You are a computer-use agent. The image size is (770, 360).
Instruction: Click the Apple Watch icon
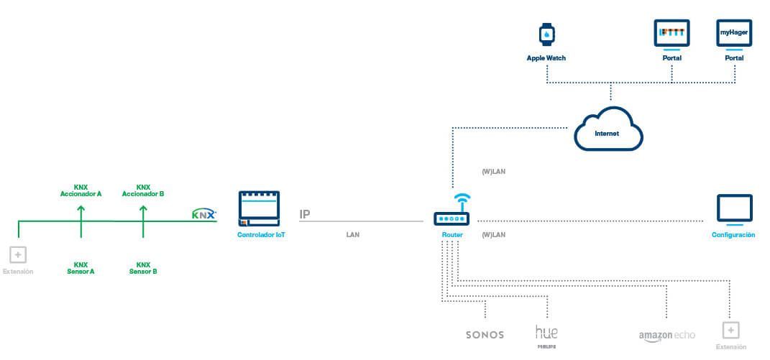547,34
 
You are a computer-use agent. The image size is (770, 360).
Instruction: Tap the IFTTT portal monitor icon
672,34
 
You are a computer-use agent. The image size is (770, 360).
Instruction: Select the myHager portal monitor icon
734,34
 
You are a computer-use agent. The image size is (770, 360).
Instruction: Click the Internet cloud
608,130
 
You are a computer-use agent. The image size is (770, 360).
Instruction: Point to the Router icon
451,219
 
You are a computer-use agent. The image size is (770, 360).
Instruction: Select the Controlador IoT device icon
259,208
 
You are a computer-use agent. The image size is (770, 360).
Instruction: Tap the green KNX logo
204,213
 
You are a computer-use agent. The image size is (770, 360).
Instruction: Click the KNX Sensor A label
81,268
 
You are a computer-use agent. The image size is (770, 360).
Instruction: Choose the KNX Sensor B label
143,268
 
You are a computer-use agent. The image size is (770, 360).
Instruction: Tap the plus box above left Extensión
18,254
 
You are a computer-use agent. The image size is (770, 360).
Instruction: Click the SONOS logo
485,335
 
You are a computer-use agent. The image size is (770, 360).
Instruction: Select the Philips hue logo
546,334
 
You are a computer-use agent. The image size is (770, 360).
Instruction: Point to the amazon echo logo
666,336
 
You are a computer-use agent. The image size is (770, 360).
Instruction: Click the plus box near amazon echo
730,330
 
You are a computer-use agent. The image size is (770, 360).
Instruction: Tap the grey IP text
305,214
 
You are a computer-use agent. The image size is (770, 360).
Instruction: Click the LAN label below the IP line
352,235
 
